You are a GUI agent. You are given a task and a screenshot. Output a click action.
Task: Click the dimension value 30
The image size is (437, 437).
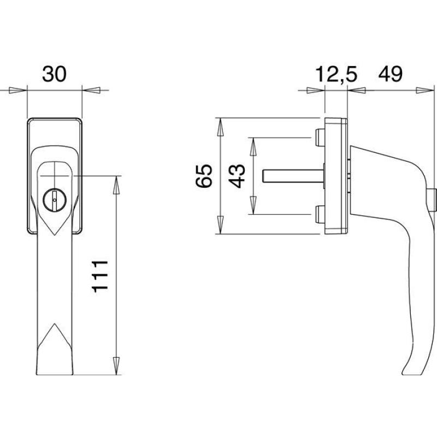[54, 74]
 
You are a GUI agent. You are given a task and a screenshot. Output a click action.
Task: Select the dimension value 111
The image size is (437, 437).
[100, 276]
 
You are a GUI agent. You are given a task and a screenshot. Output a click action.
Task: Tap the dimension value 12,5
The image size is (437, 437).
[336, 75]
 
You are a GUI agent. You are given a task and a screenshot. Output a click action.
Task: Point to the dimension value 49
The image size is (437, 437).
[390, 74]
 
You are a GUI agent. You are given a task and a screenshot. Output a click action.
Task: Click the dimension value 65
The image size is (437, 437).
[204, 176]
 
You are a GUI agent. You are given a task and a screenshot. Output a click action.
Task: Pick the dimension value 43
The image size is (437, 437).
[237, 176]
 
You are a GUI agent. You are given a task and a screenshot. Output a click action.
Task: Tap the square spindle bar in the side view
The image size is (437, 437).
[293, 176]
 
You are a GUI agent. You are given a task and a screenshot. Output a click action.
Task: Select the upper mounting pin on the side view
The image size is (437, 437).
[320, 138]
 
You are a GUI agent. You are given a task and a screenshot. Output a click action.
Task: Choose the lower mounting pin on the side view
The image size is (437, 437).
[320, 214]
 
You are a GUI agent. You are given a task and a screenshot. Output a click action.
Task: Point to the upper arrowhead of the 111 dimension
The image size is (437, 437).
[116, 185]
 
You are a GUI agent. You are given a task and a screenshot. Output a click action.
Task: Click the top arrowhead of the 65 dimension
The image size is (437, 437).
[220, 127]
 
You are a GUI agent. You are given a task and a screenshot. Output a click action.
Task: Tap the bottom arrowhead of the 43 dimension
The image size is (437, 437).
[253, 205]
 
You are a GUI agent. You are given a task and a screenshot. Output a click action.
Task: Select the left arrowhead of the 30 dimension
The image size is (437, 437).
[18, 90]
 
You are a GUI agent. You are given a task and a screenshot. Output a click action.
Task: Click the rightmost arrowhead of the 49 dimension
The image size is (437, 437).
[425, 90]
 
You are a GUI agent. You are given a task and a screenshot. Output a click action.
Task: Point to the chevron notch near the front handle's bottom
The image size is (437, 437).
[55, 334]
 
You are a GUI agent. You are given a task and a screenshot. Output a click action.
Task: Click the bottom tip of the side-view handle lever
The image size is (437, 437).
[403, 374]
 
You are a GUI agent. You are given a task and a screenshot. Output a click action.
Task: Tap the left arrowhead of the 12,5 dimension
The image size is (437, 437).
[316, 90]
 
